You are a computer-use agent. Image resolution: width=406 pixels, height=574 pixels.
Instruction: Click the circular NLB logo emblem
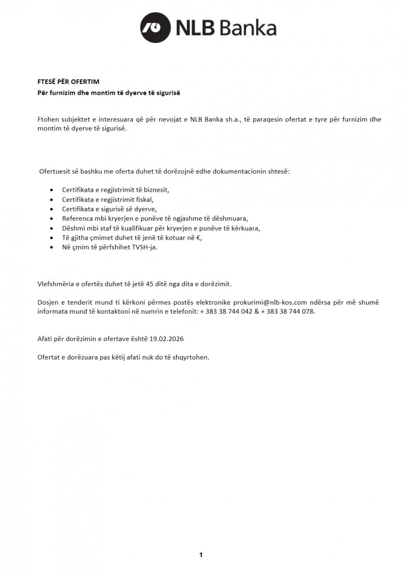pyautogui.click(x=155, y=28)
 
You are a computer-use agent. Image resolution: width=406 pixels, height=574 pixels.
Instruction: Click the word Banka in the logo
pyautogui.click(x=249, y=28)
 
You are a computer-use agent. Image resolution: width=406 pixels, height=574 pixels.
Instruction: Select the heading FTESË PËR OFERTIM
pyautogui.click(x=68, y=82)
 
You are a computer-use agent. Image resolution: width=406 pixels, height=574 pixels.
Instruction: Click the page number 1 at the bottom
pyautogui.click(x=201, y=555)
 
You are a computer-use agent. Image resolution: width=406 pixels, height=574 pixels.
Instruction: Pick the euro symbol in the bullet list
pyautogui.click(x=199, y=238)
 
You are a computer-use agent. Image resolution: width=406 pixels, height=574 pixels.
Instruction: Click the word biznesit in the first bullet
pyautogui.click(x=156, y=190)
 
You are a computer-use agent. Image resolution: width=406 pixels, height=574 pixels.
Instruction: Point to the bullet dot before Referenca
pyautogui.click(x=52, y=218)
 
